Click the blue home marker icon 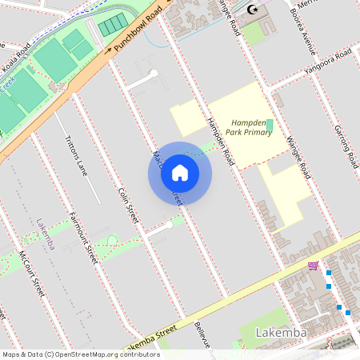pyautogui.click(x=180, y=173)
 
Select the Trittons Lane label pyautogui.click(x=75, y=155)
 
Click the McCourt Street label pyautogui.click(x=31, y=273)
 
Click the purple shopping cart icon pyautogui.click(x=313, y=266)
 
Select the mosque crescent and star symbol pyautogui.click(x=254, y=10)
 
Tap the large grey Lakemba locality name pyautogui.click(x=281, y=332)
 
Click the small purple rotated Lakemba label pyautogui.click(x=45, y=234)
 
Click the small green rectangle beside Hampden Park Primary pyautogui.click(x=270, y=126)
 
